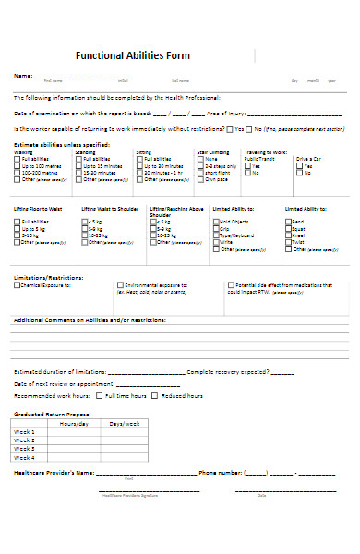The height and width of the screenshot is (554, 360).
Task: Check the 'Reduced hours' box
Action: coord(156,395)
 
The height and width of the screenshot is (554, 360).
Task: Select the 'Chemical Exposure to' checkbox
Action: coord(17,285)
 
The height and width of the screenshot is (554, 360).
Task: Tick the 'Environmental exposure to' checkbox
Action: coord(120,285)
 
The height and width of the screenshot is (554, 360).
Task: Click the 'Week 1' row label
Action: coord(24,431)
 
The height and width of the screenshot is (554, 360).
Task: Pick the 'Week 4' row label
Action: coord(24,457)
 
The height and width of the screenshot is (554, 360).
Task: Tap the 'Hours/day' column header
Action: coord(75,423)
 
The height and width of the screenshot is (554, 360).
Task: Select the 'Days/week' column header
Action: coord(125,423)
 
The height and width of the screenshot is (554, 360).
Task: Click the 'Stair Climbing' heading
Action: coord(214,151)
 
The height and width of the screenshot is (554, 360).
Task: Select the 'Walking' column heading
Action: coord(22,151)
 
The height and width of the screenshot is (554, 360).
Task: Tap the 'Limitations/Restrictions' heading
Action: coord(49,277)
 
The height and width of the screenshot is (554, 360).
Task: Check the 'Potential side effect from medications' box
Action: coord(230,285)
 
